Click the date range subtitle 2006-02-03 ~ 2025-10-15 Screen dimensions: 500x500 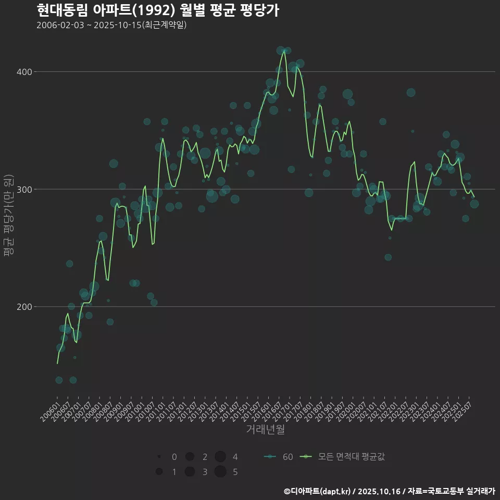tap(111, 25)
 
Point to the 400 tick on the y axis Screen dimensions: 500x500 tap(26, 71)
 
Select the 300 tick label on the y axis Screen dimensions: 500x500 tap(26, 189)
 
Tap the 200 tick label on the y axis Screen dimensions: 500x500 tap(26, 307)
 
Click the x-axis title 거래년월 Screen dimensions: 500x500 tap(265, 430)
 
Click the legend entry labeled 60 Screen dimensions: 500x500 tap(279, 457)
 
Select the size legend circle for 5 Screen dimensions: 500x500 tap(220, 472)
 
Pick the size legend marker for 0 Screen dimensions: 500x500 tap(158, 457)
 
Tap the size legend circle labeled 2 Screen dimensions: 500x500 tap(190, 457)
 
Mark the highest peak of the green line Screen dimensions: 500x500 tap(284, 51)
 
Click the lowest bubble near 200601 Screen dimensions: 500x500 tap(59, 380)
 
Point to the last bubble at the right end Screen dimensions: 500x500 tap(474, 204)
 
